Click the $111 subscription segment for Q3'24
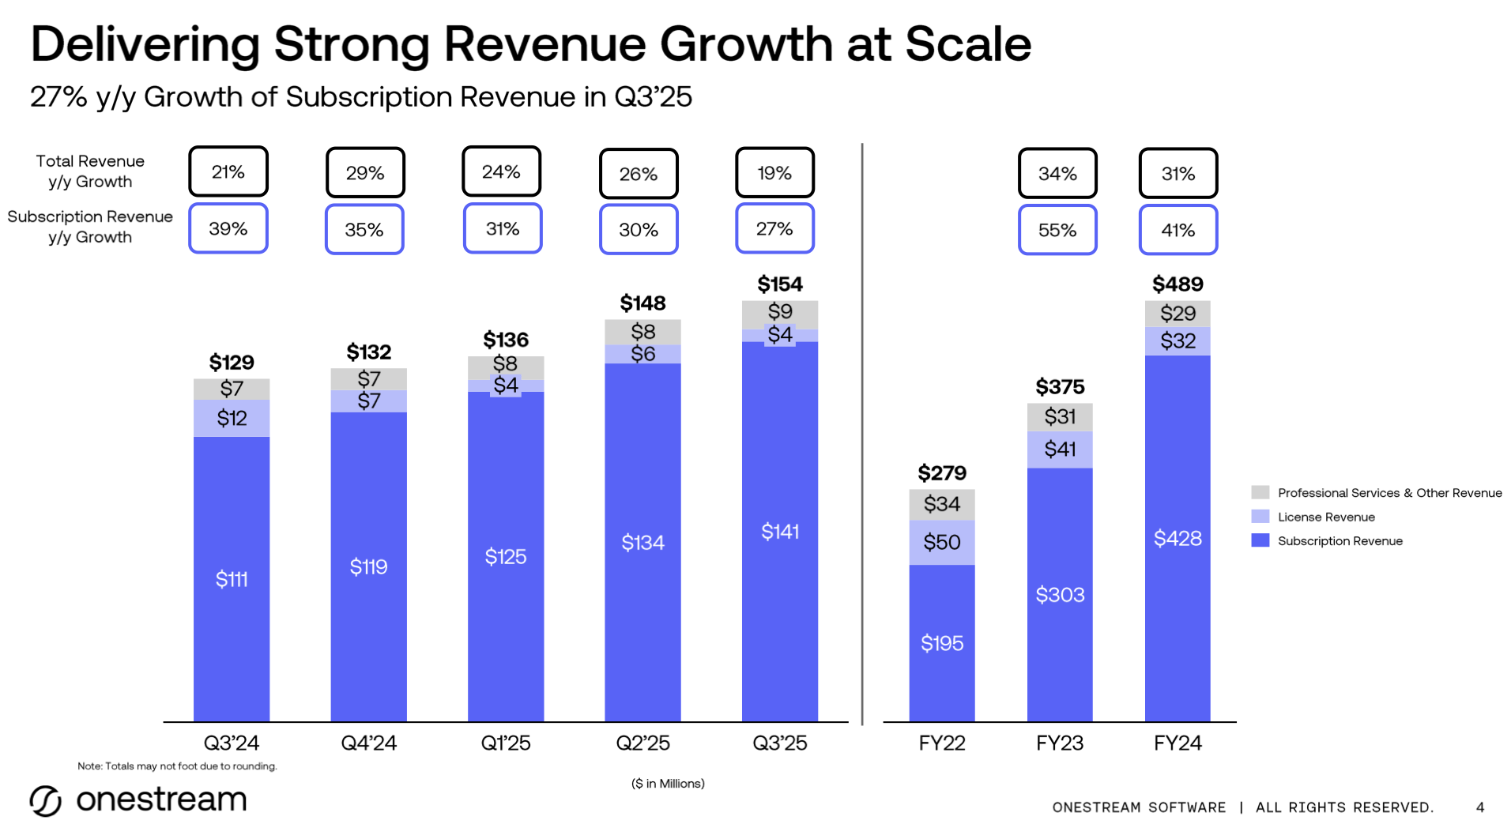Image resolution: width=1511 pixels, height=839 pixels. [x=232, y=579]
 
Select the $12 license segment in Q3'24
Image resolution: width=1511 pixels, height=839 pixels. [x=232, y=418]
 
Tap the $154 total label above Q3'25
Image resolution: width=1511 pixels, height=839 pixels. [x=779, y=284]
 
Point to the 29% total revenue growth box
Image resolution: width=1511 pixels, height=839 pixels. [x=365, y=173]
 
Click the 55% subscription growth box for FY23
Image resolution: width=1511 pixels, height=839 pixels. [x=1057, y=230]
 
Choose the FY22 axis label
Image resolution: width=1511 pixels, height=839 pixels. [x=941, y=743]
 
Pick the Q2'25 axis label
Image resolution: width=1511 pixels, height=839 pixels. [x=642, y=743]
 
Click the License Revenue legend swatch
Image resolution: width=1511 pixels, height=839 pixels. [x=1260, y=517]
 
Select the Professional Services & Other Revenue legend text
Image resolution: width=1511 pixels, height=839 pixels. [x=1389, y=493]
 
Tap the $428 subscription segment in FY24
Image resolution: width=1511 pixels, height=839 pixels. [x=1178, y=539]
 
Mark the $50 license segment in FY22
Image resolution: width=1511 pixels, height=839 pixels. [x=941, y=543]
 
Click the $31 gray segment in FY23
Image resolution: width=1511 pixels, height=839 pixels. [x=1060, y=416]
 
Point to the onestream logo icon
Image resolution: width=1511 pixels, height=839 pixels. [x=46, y=801]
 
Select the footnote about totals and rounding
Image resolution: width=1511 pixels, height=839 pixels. [x=177, y=766]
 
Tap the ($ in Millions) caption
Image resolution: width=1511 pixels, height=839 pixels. [x=668, y=784]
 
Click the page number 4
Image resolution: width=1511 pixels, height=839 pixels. [x=1479, y=807]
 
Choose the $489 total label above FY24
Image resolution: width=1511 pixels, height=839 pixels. [x=1178, y=284]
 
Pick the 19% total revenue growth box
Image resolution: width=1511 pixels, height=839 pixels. [x=774, y=173]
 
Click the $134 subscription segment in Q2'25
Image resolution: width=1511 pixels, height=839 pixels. [x=642, y=543]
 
